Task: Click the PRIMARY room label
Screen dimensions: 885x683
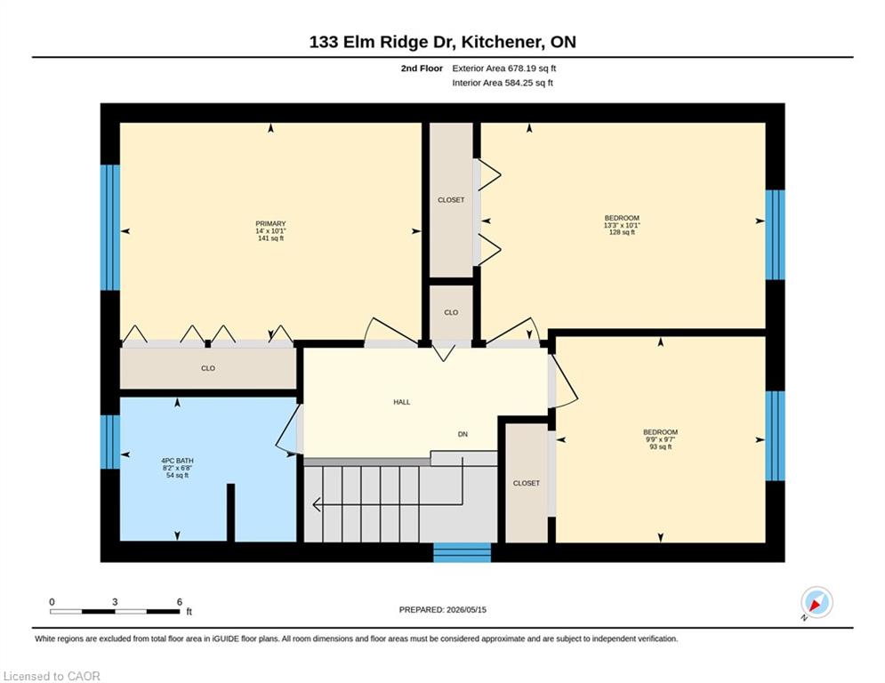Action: pos(270,223)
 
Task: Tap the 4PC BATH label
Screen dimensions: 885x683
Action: pos(177,461)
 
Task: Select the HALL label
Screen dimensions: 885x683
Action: pos(402,402)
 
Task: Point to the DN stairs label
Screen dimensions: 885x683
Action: pos(463,434)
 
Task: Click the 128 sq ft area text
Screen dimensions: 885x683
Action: pos(622,232)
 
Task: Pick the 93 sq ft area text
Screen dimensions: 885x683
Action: pos(660,446)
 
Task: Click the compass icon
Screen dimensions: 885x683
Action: pos(817,602)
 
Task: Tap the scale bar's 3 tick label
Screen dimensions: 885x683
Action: pos(115,602)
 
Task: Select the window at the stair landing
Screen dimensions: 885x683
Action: pos(463,552)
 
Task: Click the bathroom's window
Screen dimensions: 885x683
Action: pos(110,442)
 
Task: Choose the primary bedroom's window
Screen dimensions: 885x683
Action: pos(110,228)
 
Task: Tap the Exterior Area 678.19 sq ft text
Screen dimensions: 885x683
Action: pos(504,68)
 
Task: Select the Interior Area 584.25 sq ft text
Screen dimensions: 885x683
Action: pos(503,83)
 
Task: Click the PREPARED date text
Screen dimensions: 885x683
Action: pos(443,609)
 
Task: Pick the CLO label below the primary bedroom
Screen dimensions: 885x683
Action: pos(208,368)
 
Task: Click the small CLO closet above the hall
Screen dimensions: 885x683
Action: pos(451,312)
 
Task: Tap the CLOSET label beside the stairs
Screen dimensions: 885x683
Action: pos(526,483)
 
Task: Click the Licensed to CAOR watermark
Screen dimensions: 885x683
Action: pos(52,676)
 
